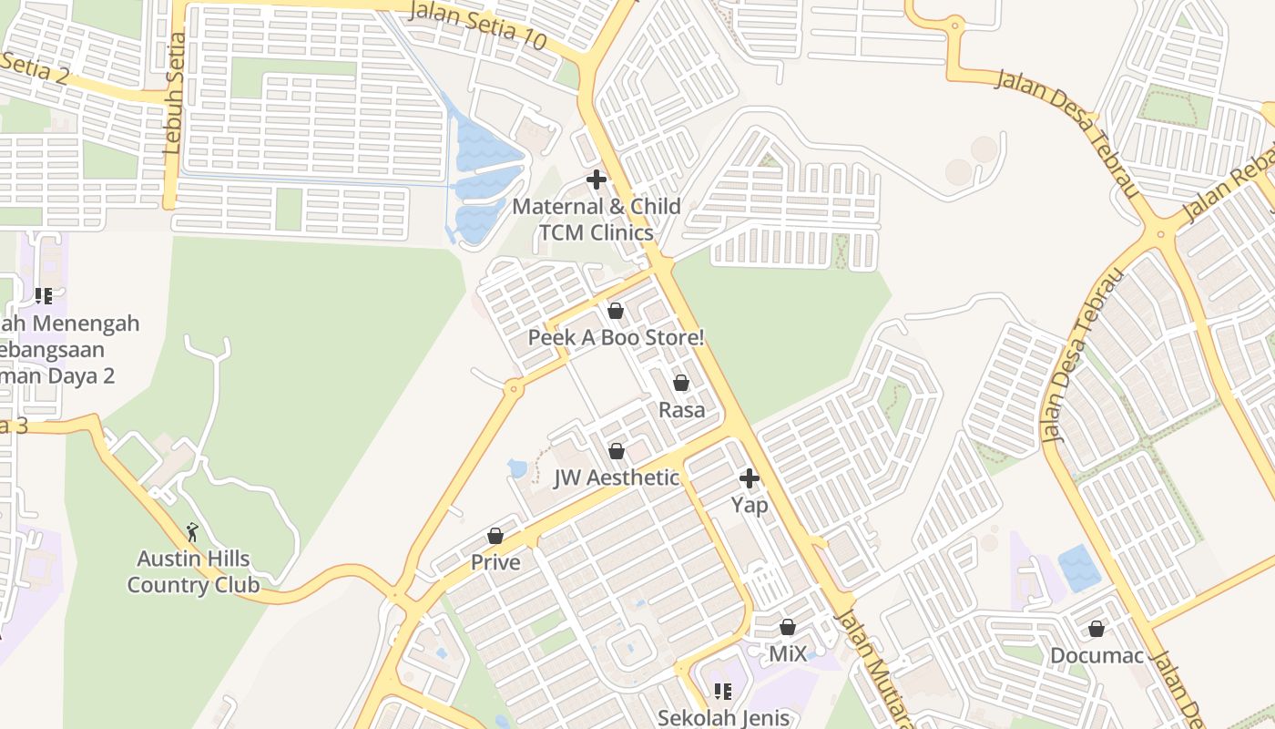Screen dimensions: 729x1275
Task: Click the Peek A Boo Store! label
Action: click(617, 338)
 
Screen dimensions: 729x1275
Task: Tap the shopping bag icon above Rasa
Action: click(681, 384)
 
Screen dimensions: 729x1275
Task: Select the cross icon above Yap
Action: click(750, 478)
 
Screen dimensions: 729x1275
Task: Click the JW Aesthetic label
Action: click(617, 477)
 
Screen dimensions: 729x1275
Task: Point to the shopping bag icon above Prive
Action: click(495, 536)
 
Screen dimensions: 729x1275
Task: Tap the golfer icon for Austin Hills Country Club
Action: click(192, 531)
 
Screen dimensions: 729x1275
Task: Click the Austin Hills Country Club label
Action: click(193, 571)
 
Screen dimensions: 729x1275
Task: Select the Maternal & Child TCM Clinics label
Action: click(596, 220)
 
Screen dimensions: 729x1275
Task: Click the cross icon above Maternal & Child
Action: click(597, 180)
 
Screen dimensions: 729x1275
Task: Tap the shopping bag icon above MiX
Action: click(788, 627)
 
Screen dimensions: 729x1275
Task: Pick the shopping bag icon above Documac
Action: click(1096, 629)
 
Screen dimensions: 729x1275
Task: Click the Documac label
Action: click(1096, 656)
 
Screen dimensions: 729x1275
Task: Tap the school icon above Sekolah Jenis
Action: click(722, 692)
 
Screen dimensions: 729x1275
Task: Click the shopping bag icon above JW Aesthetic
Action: click(617, 451)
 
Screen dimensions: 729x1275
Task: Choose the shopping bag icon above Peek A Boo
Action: click(616, 312)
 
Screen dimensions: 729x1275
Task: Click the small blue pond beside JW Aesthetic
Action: click(517, 468)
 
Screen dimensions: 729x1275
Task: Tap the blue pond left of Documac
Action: click(1079, 568)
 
